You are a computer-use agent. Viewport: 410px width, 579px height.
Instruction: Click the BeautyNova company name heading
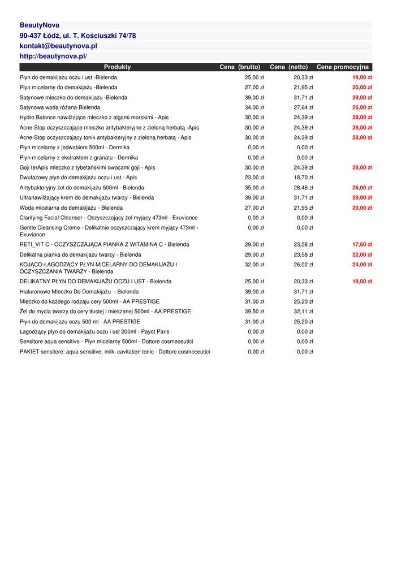pos(40,25)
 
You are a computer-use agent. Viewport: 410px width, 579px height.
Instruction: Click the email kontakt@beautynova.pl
pos(58,46)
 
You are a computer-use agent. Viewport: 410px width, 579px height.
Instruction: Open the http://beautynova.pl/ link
pos(53,56)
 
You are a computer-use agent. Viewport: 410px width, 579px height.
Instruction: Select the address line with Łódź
pos(77,36)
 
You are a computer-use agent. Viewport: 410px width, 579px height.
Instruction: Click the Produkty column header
pos(117,67)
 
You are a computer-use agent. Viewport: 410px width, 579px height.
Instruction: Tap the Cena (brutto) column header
pos(240,67)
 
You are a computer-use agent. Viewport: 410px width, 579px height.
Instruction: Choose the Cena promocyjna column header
pos(342,67)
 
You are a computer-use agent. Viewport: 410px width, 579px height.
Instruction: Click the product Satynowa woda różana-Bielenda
pos(60,107)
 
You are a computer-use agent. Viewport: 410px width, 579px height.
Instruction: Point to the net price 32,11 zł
pos(303,312)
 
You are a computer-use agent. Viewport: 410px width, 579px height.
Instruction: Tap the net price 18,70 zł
pos(303,178)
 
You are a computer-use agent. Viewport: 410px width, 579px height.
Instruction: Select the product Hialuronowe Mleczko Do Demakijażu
pos(79,292)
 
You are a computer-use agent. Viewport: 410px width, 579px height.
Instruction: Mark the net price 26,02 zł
pos(303,265)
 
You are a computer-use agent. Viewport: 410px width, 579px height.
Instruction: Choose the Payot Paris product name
pos(94,332)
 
